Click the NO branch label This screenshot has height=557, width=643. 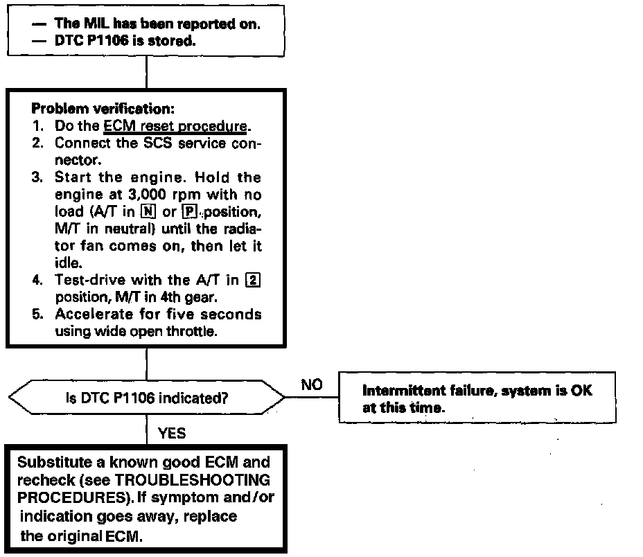pyautogui.click(x=312, y=385)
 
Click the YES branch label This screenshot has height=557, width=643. pyautogui.click(x=172, y=434)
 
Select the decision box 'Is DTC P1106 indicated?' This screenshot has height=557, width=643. pyautogui.click(x=146, y=398)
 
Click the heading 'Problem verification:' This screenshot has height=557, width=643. pyautogui.click(x=93, y=109)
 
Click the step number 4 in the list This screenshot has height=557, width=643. pyautogui.click(x=38, y=280)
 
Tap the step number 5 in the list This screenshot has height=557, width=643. pyautogui.click(x=38, y=314)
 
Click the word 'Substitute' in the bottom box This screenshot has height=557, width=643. pyautogui.click(x=49, y=462)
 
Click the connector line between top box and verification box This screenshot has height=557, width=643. pyautogui.click(x=146, y=72)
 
